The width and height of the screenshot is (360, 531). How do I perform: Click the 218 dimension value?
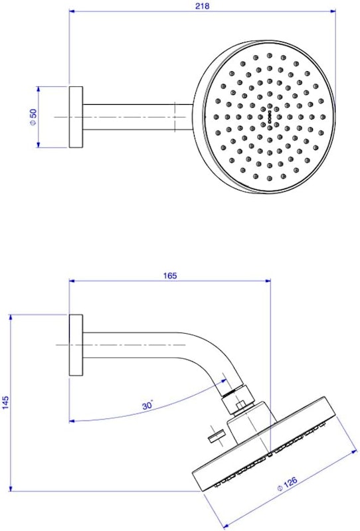click(202, 6)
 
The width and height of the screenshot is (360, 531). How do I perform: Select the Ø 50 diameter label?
click(33, 117)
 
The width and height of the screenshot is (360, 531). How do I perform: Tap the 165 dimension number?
click(170, 275)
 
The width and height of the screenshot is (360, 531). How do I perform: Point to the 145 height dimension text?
click(6, 402)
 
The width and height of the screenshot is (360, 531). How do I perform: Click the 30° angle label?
click(147, 405)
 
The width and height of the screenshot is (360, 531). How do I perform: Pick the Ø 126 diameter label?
click(286, 483)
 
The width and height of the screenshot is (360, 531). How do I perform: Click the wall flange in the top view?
click(76, 117)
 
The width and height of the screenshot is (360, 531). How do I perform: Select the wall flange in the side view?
click(76, 345)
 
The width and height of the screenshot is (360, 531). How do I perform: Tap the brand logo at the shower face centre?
click(270, 117)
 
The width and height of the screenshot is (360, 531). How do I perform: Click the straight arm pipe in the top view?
click(138, 117)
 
